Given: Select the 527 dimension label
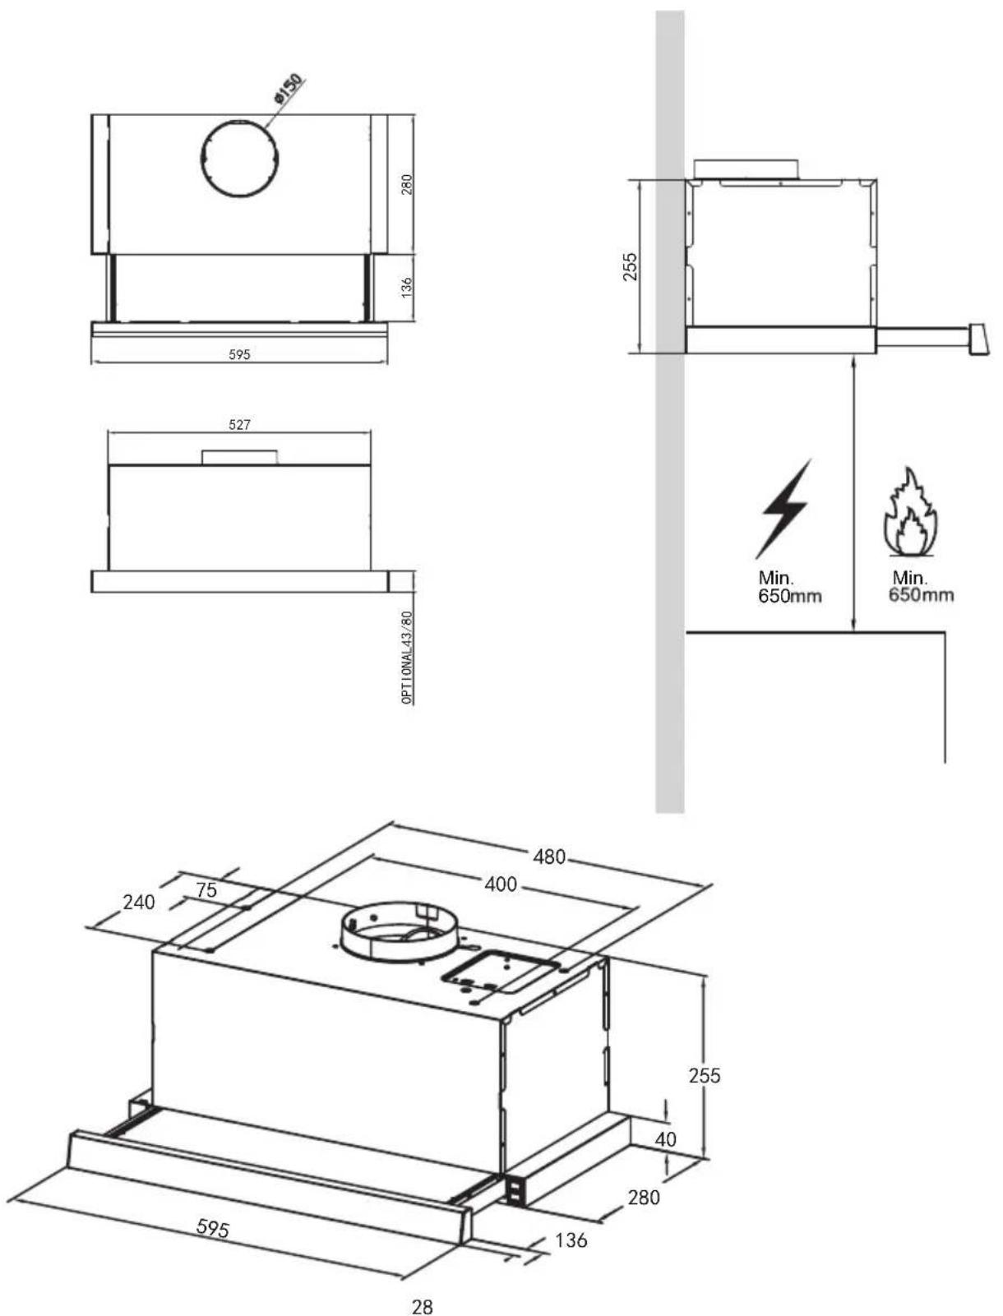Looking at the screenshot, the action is click(x=239, y=424).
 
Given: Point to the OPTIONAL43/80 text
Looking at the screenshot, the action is click(x=408, y=657).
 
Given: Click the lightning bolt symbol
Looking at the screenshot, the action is click(x=783, y=509).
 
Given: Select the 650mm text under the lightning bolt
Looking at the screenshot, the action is click(x=789, y=596).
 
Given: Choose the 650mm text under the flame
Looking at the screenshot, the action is click(x=921, y=595).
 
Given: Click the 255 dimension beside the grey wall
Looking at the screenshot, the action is click(x=630, y=266).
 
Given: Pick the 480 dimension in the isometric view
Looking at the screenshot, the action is click(x=549, y=857).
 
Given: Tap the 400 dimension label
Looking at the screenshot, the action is click(x=500, y=884).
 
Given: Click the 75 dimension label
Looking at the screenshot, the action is click(x=206, y=889).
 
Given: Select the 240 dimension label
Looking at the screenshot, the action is click(x=138, y=902).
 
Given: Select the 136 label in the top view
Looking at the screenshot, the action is click(x=406, y=287).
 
